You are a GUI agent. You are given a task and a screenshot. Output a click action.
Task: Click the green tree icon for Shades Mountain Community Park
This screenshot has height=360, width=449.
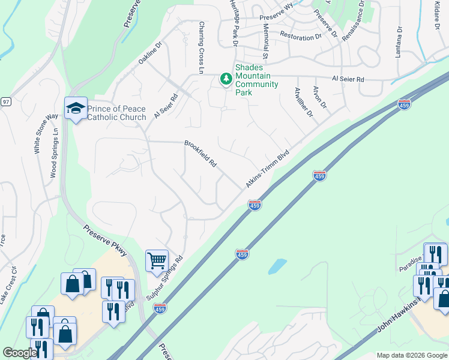(x=226, y=79)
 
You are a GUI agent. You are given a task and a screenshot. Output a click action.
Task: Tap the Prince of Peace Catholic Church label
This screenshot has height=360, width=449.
(x=117, y=113)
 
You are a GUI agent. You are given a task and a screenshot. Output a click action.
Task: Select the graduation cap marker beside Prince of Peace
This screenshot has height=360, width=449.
(x=76, y=108)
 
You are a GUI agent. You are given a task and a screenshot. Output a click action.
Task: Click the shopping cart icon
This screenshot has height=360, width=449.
(x=157, y=261)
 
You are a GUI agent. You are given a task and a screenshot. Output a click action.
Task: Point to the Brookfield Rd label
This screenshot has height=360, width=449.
(x=200, y=154)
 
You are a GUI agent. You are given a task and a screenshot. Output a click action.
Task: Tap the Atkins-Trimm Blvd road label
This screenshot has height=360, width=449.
(x=267, y=170)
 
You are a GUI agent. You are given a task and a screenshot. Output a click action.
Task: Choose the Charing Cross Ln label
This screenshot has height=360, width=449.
(x=202, y=48)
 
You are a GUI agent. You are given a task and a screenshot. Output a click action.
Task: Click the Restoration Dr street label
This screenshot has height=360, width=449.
(x=301, y=37)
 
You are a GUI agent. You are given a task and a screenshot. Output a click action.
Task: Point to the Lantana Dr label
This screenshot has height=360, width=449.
(x=398, y=41)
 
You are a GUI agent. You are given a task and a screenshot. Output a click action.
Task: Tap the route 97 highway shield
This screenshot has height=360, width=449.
(x=5, y=102)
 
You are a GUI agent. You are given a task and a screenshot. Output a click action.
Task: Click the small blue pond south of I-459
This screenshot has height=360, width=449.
(x=277, y=266)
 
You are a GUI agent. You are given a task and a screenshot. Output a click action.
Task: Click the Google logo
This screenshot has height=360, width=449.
(x=19, y=353)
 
